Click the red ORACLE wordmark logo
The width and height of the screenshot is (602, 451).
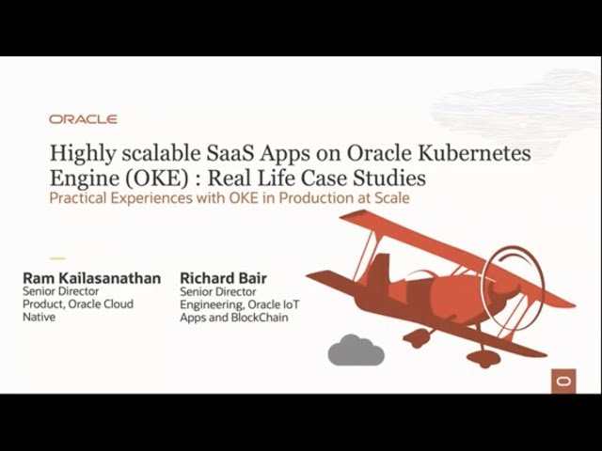click(83, 119)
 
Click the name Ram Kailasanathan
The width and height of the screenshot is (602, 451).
click(92, 278)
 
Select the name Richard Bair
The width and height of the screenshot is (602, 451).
click(224, 278)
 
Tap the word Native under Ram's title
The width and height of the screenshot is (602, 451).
click(40, 318)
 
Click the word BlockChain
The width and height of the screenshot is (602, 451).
click(260, 318)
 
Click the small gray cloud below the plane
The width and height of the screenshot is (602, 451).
click(356, 350)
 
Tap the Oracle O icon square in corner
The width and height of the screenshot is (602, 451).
click(563, 381)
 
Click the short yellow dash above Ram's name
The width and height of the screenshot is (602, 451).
click(57, 258)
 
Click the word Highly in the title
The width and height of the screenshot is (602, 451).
click(83, 154)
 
